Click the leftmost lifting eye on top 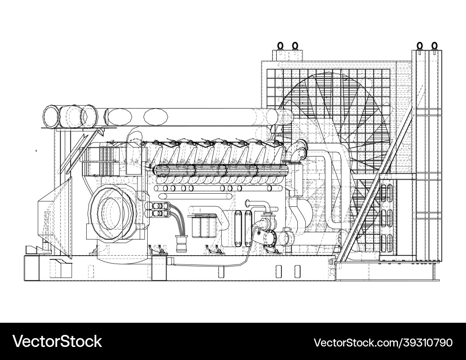click(281, 45)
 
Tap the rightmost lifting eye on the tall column click(434, 45)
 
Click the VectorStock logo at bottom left click(57, 341)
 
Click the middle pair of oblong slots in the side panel click(386, 217)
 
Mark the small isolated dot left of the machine click(36, 150)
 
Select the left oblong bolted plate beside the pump click(239, 228)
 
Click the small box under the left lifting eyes click(288, 55)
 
